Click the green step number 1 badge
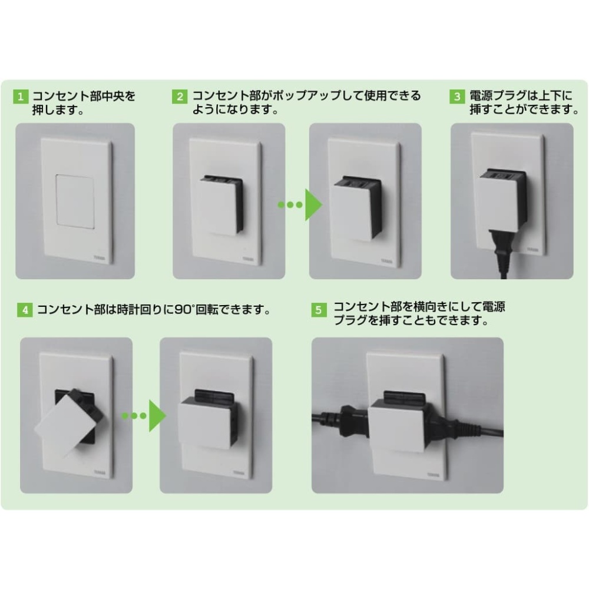20,97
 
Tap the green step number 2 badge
180,97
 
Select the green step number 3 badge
457,97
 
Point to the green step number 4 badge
25,310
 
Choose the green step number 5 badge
319,310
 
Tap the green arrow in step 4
144,416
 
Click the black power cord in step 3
499,253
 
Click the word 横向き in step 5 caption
431,307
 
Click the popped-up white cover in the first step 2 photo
218,207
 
